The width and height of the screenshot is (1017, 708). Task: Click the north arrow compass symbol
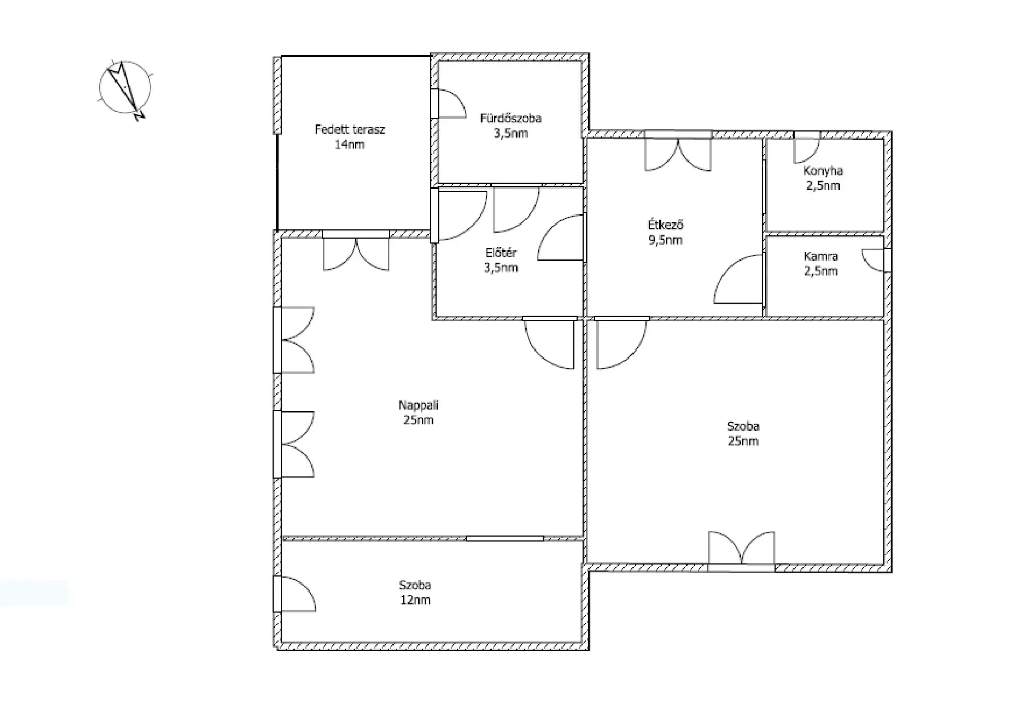tap(126, 88)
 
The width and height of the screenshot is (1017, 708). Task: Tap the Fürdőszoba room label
tap(511, 118)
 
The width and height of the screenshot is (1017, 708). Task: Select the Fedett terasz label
tap(350, 129)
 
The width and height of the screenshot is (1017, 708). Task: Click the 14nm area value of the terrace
tap(350, 144)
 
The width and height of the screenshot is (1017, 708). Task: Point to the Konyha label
tap(823, 171)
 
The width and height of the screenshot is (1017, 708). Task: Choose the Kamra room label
tap(821, 256)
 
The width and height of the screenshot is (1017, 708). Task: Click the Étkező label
tap(665, 225)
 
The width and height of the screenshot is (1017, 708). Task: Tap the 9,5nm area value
tap(665, 240)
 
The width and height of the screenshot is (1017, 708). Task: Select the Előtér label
tap(501, 253)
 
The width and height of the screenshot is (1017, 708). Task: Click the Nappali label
tap(418, 405)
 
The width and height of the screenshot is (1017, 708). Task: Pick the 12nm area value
tap(415, 600)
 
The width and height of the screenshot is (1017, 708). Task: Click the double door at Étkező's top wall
tap(678, 154)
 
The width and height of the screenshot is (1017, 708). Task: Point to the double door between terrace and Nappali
tap(356, 254)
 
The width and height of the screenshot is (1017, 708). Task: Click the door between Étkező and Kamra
tap(738, 279)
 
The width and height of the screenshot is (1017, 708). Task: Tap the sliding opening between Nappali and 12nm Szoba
tap(505, 539)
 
